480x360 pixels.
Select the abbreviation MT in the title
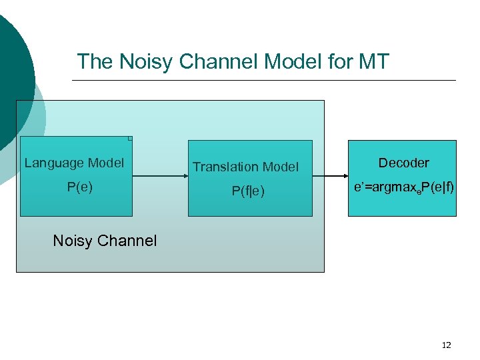point(373,62)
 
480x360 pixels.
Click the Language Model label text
point(74,163)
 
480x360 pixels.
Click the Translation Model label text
point(245,167)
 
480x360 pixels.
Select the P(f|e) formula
point(248,191)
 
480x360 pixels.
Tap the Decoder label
point(403,163)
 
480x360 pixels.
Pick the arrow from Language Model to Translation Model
point(160,177)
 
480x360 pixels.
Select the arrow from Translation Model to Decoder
point(329,177)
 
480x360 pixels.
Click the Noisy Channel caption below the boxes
point(105,241)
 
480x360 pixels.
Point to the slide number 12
point(446,345)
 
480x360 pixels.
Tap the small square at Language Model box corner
point(130,139)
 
